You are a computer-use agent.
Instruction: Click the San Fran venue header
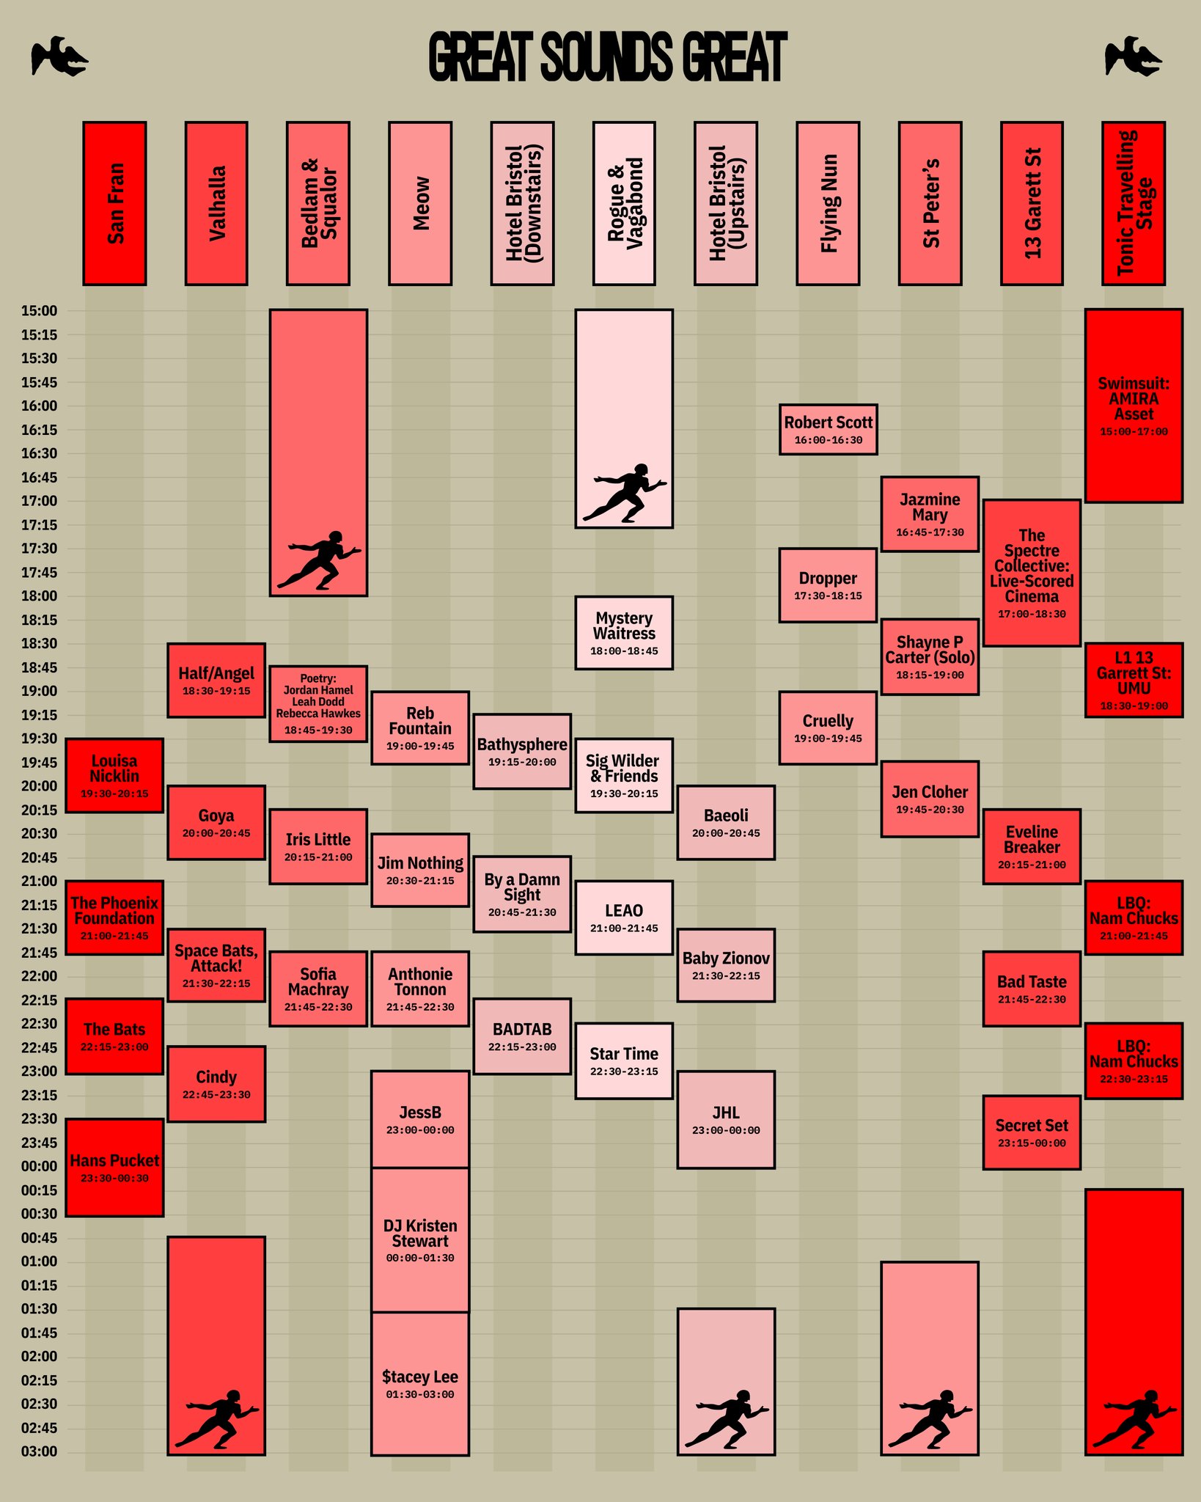114,203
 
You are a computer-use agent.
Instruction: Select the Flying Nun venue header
828,203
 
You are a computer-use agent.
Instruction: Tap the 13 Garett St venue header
1032,203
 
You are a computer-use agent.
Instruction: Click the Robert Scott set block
828,429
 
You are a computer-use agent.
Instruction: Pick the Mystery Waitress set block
624,632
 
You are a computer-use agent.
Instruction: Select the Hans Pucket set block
114,1168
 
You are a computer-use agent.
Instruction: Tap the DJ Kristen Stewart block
420,1239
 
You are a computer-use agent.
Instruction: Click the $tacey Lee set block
420,1383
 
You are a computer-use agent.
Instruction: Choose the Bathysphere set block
522,751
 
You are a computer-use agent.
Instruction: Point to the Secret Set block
1032,1132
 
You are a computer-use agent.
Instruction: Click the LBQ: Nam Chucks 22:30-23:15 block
1134,1060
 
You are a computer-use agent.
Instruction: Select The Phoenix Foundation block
114,917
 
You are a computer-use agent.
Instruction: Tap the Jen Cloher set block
930,799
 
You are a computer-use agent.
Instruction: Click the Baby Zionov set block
726,965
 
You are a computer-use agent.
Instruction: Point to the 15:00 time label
39,311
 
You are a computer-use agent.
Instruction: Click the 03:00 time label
39,1451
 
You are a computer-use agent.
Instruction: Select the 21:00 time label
39,881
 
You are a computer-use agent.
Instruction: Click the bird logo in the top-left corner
59,56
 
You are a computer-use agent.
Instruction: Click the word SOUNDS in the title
606,56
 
